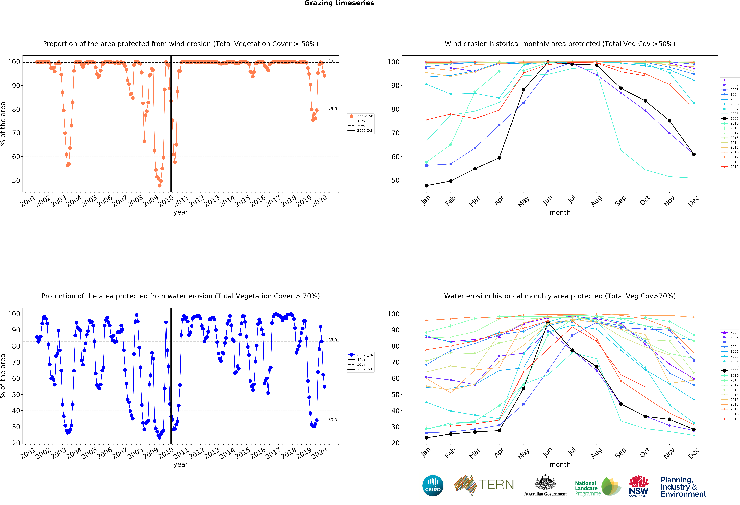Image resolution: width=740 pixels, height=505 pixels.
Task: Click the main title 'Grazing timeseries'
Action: [x=339, y=3]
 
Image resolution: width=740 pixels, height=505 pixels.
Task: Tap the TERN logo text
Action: [x=496, y=485]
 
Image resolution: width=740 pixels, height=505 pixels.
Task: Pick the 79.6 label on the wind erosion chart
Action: [x=332, y=109]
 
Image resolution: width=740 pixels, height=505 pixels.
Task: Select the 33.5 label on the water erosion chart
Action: [x=332, y=420]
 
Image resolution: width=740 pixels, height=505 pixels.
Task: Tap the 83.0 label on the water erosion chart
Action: [x=332, y=340]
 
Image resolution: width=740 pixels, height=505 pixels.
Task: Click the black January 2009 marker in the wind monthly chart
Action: [x=426, y=186]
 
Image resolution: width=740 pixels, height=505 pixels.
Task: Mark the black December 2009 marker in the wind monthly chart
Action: [x=694, y=154]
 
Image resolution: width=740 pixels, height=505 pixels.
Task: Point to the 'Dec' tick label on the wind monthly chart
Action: [x=693, y=201]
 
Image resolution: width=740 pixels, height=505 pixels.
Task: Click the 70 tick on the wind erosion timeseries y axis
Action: [x=16, y=133]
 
